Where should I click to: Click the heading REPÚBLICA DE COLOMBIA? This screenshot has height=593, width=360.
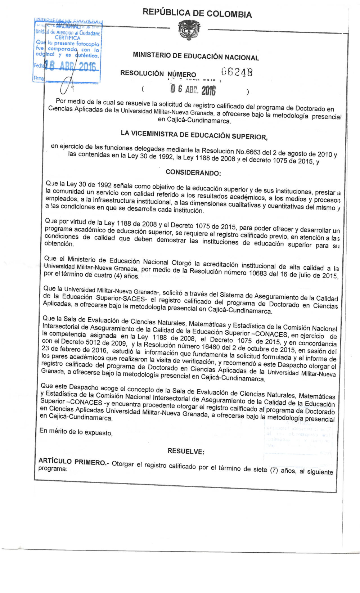point(197,13)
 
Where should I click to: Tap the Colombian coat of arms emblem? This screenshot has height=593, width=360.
point(189,30)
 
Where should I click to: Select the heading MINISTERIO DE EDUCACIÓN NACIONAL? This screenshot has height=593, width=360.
point(196,56)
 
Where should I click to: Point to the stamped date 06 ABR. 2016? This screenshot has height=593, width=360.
point(193,89)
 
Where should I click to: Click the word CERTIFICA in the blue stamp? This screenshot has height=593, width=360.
point(67,37)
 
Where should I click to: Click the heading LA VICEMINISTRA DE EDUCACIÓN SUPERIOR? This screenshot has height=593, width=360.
point(194,135)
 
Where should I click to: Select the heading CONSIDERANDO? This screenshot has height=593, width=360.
point(193,172)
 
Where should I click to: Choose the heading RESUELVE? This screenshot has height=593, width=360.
point(186,451)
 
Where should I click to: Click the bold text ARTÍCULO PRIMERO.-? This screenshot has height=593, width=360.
point(74,462)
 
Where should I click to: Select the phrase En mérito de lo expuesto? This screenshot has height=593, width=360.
point(76,431)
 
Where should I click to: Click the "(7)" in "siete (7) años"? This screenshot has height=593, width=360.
point(274,470)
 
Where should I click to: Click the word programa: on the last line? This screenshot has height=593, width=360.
point(53,468)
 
